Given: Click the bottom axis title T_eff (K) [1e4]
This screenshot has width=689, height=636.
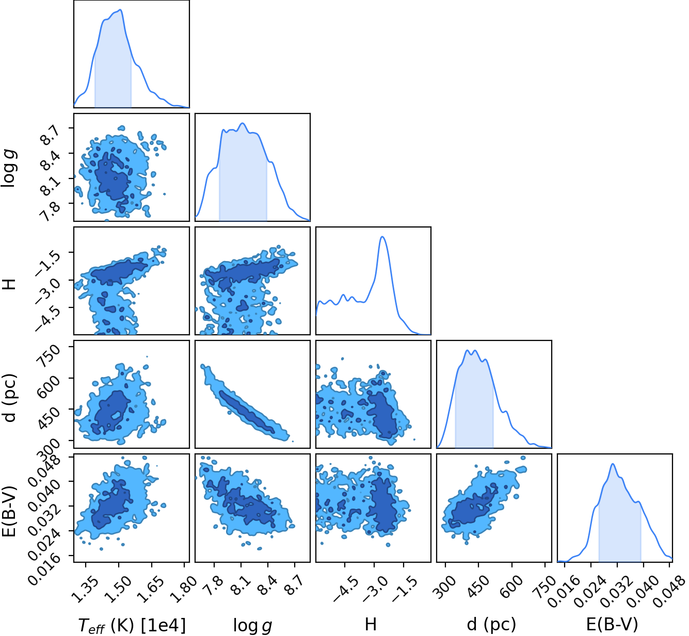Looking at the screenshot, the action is tap(132, 625).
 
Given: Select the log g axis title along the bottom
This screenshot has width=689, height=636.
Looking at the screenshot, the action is tap(252, 625).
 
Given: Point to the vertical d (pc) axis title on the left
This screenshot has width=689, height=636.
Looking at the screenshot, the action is tap(9, 398).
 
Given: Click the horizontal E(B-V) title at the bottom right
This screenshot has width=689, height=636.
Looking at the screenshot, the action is tap(612, 624).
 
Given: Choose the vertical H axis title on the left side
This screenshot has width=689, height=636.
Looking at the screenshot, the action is tap(9, 284).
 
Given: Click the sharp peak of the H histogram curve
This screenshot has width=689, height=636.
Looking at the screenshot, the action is tap(382, 237).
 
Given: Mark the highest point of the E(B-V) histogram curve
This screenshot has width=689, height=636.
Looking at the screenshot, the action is tap(613, 464).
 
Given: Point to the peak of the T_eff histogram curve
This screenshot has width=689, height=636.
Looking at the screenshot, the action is tap(120, 10).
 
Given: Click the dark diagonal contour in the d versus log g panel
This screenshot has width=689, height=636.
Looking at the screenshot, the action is tap(247, 411).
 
